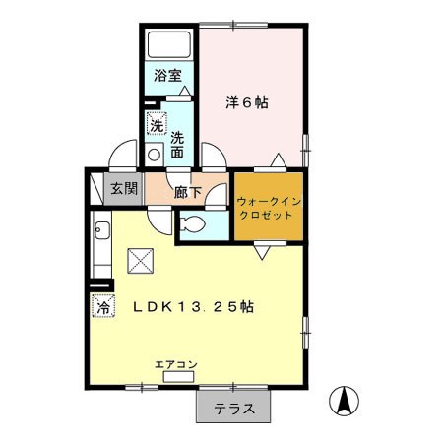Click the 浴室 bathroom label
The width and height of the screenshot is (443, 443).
(167, 76)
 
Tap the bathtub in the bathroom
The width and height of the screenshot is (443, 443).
(168, 44)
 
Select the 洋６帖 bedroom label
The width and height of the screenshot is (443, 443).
(247, 102)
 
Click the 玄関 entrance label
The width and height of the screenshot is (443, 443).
(124, 188)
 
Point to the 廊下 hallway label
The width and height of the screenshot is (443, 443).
(187, 192)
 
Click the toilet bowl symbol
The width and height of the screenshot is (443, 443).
(193, 224)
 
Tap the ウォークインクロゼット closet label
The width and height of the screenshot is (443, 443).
(269, 208)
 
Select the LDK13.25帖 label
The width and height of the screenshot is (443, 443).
(193, 307)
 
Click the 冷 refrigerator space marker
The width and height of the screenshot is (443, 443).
(103, 306)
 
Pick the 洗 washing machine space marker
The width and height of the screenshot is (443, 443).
(157, 123)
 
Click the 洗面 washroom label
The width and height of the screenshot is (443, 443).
(177, 145)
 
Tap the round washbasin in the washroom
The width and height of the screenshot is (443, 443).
(154, 155)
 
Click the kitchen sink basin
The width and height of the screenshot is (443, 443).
(102, 230)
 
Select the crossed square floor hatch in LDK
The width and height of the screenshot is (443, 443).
(141, 261)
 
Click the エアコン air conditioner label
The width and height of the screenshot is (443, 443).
(176, 364)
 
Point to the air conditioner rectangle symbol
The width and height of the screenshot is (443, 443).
(179, 377)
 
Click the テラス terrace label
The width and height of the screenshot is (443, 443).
(234, 409)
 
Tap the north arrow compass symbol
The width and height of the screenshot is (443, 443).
(344, 401)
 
